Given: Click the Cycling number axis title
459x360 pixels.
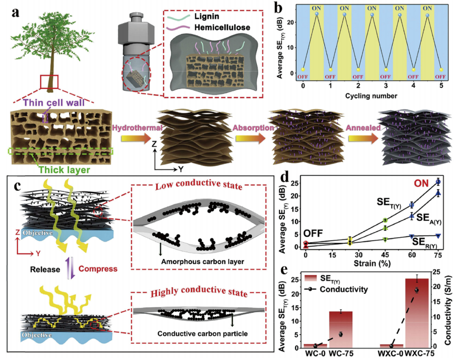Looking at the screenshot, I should [x=371, y=96].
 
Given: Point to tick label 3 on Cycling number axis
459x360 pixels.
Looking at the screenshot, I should [x=385, y=87].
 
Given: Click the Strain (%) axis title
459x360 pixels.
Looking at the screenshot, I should [x=371, y=264].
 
